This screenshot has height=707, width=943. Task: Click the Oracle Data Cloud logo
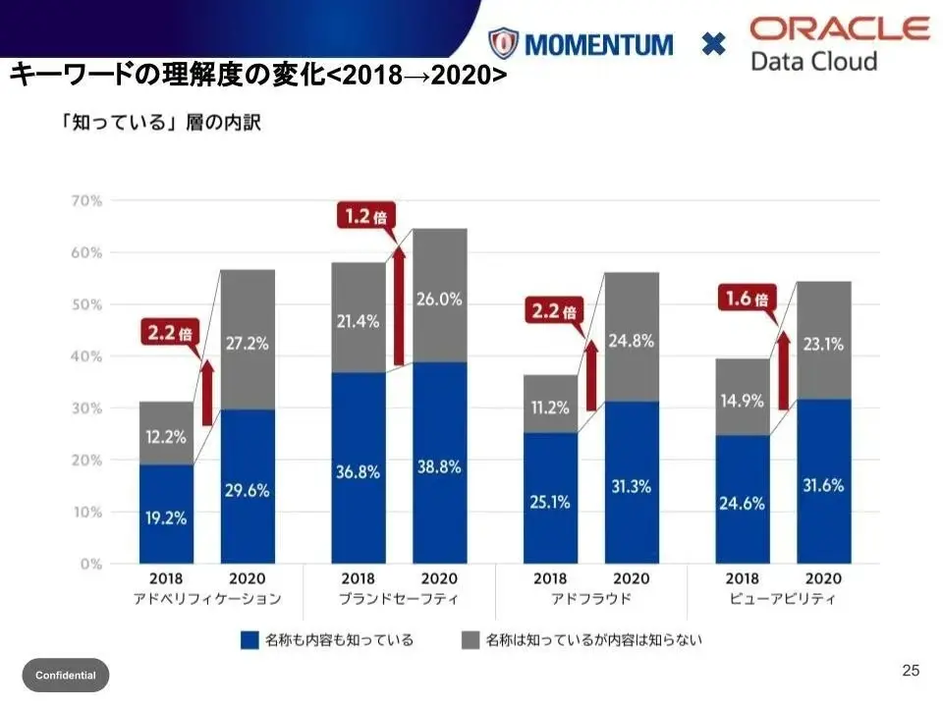click(x=839, y=43)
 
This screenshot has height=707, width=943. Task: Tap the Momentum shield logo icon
click(x=503, y=44)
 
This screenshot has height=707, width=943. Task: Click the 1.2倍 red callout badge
click(x=364, y=216)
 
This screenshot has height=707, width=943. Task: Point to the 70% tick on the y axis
click(x=86, y=200)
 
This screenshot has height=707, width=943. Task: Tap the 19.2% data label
click(x=165, y=518)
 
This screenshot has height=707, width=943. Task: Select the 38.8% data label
click(x=439, y=467)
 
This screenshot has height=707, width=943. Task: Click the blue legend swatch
click(x=250, y=640)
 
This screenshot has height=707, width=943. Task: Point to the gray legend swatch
click(x=471, y=640)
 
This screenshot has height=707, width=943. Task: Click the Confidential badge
click(x=66, y=675)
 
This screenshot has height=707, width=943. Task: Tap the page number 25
click(x=911, y=671)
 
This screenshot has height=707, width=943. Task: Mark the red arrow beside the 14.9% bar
click(x=783, y=370)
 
